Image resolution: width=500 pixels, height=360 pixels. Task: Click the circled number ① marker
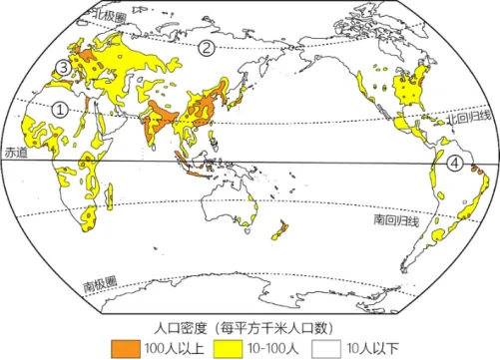[x=60, y=112]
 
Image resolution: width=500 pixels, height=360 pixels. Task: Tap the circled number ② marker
[x=206, y=48]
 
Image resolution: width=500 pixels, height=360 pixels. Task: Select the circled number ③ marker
[x=63, y=69]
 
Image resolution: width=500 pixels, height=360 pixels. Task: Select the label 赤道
[x=16, y=154]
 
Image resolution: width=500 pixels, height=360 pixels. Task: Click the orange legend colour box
[x=125, y=346]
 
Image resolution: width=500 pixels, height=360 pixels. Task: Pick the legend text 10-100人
[x=269, y=347]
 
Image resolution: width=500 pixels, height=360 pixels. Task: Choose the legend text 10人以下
[x=369, y=347]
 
